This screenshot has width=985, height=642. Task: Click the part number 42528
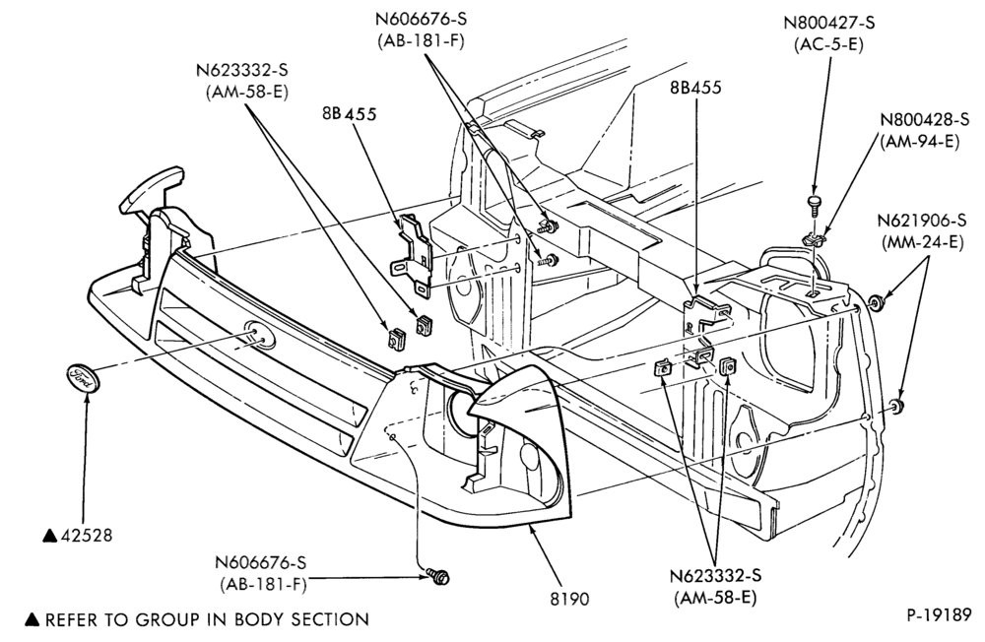point(87,536)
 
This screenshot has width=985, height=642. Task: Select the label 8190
point(569,599)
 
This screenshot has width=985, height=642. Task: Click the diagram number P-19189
point(939,615)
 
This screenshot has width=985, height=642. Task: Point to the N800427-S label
point(828,23)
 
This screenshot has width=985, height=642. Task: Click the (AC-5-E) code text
point(828,44)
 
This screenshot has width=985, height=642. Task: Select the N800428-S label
point(924,119)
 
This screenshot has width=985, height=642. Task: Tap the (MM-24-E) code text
point(922,242)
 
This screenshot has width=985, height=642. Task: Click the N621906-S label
point(922,222)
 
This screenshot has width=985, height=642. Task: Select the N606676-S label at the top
point(421,20)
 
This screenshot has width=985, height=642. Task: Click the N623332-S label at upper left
point(242,70)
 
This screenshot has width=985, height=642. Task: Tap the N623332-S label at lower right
point(715,576)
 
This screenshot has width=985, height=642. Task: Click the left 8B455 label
point(350,113)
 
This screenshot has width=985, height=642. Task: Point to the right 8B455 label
point(695,88)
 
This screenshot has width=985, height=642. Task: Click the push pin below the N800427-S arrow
point(815,204)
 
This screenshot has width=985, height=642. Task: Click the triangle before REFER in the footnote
point(33,620)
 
